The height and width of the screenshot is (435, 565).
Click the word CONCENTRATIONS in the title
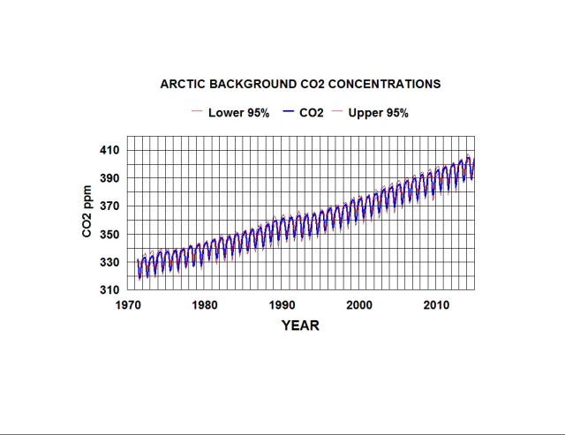tap(387, 85)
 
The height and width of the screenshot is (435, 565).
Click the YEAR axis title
tap(300, 326)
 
